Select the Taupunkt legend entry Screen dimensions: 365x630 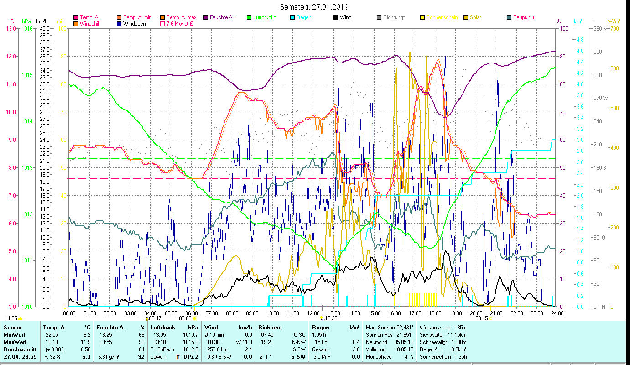click(523, 17)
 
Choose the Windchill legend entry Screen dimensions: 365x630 click(91, 24)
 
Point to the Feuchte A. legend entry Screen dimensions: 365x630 click(223, 17)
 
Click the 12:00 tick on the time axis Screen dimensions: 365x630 click(313, 313)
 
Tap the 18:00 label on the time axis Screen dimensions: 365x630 click(435, 313)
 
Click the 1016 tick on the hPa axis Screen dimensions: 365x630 click(26, 28)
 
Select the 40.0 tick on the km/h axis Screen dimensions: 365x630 click(44, 28)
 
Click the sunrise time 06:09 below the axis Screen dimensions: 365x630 click(185, 318)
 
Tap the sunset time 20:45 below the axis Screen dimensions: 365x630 click(481, 318)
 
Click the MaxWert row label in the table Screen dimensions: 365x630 click(15, 342)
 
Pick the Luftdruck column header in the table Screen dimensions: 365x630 click(163, 327)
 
